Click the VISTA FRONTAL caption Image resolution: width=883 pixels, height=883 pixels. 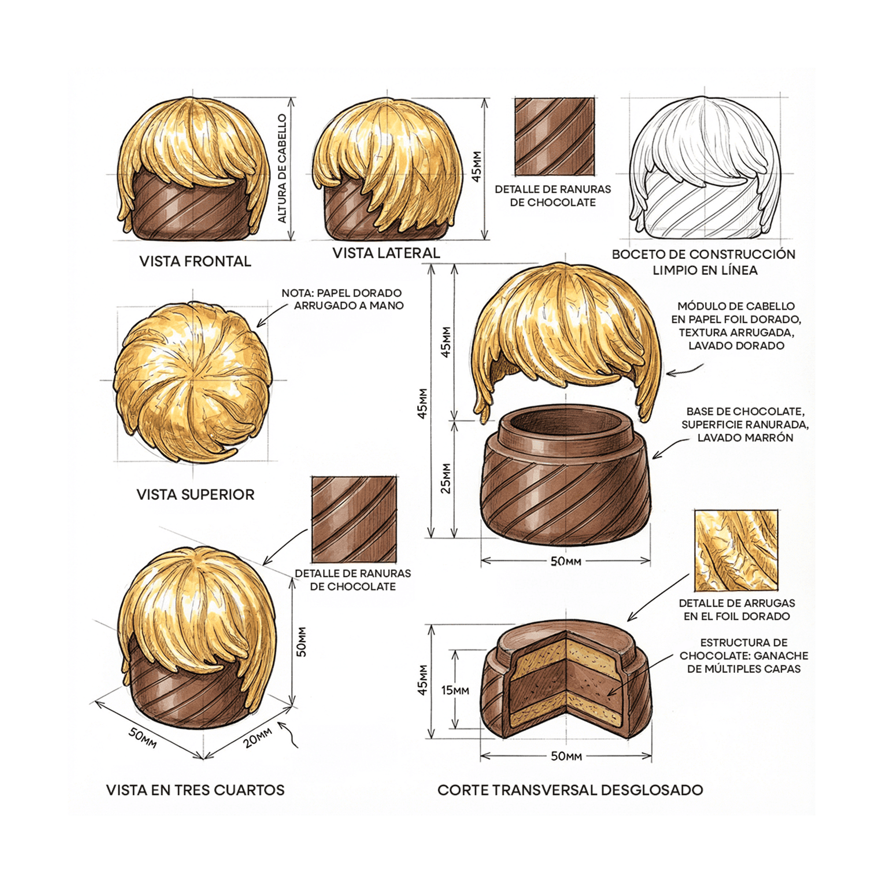[195, 261]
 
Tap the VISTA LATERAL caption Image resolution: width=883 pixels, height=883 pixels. [386, 253]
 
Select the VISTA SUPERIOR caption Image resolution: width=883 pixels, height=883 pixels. [195, 494]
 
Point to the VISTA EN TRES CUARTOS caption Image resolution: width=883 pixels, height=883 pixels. [195, 790]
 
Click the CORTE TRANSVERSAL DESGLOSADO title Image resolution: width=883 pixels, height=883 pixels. [570, 790]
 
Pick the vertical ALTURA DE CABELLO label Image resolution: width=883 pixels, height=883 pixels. [282, 168]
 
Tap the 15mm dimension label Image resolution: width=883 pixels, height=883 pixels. [455, 690]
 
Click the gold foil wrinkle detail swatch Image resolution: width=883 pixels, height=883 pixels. [736, 550]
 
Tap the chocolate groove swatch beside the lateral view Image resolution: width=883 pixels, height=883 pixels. [554, 137]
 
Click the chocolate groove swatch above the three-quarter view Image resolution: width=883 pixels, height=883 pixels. [354, 519]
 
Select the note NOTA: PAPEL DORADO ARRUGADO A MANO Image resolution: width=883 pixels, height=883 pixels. [343, 299]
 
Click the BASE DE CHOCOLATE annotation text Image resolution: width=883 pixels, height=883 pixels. [745, 424]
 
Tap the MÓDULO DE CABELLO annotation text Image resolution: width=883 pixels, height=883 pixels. [736, 326]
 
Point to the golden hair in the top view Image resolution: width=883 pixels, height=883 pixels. [192, 382]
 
